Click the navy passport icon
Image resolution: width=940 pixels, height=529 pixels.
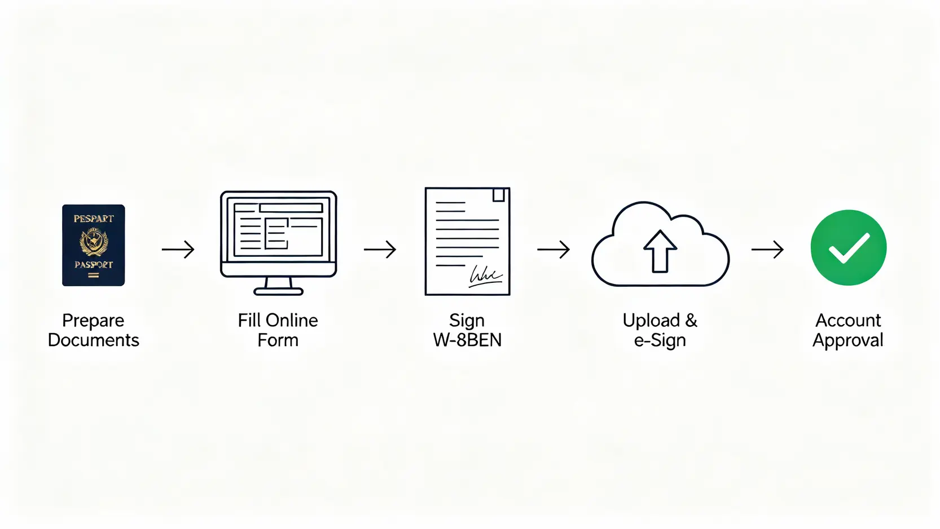tap(93, 245)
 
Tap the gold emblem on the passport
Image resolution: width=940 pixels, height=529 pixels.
tap(94, 242)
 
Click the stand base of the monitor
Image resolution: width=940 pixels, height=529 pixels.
tap(278, 291)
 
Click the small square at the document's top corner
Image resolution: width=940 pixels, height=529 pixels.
tap(498, 195)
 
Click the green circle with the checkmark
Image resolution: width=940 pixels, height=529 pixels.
tap(848, 247)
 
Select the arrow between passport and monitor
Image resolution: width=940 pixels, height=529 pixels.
tap(178, 249)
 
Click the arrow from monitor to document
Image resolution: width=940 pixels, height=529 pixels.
tap(380, 249)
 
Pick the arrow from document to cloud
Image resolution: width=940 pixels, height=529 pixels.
tap(554, 249)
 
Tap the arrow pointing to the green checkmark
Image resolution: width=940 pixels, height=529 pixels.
tap(768, 249)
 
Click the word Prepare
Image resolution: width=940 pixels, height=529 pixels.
tap(93, 321)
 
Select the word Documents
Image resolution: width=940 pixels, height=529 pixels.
tap(93, 340)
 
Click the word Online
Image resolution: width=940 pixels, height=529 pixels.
tap(293, 321)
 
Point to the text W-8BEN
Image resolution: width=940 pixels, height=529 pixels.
tap(467, 340)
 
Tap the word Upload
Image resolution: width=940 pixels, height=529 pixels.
tap(651, 321)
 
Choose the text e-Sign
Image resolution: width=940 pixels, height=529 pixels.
tap(660, 341)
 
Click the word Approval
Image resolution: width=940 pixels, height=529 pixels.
tap(847, 341)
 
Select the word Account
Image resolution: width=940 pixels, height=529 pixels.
tap(847, 321)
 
